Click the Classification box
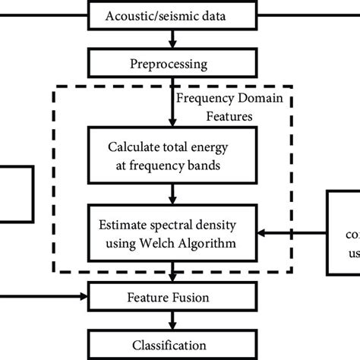point(175,344)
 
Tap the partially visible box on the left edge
point(15,194)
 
